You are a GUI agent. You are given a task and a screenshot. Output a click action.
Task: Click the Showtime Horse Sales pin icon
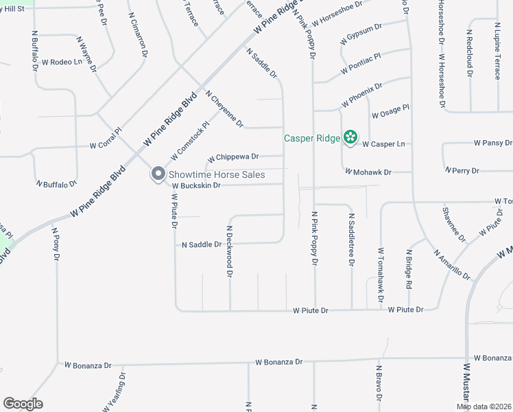point(158,174)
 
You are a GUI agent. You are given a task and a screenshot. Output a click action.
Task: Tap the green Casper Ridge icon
point(350,138)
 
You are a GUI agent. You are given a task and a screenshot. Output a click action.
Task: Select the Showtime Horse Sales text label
point(217,175)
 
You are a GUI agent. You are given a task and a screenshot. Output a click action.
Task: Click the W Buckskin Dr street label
point(196,185)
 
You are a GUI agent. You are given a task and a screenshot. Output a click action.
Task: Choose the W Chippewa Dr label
point(233,157)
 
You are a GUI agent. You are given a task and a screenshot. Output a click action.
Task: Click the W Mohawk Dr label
point(368,172)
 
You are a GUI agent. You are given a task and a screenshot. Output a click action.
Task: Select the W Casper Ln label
point(383,144)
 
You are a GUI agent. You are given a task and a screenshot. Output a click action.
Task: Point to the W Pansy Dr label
point(493,143)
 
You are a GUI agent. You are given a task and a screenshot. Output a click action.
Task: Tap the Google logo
point(23,404)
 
